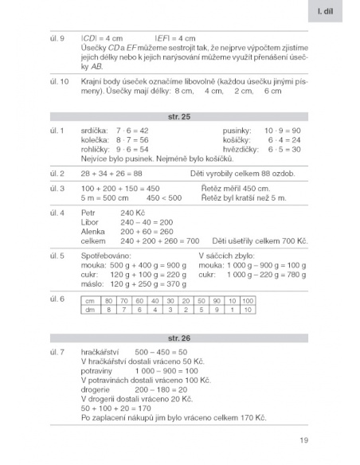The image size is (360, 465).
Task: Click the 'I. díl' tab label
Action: [x=334, y=13]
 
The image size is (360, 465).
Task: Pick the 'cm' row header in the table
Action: [x=89, y=300]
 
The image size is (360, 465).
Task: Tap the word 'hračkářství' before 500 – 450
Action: [x=101, y=351]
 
